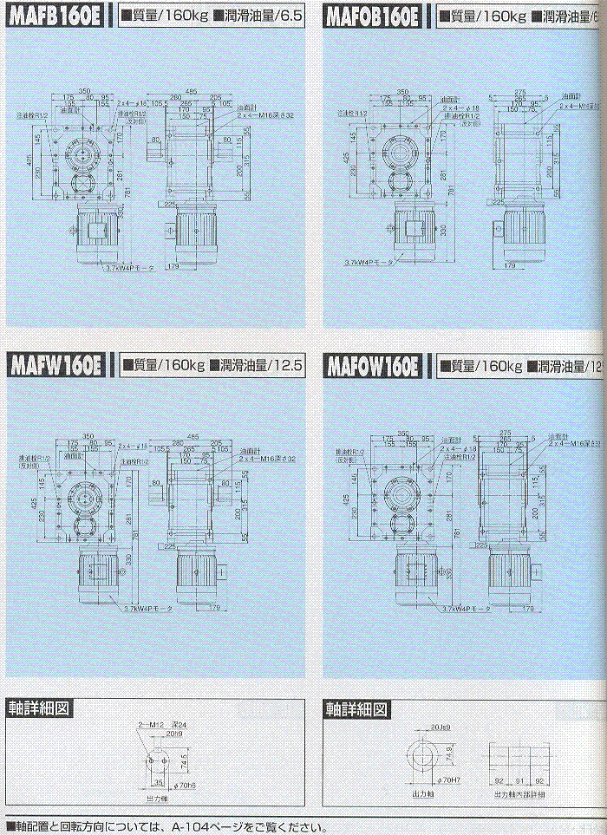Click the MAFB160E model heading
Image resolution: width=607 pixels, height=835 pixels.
pos(55,16)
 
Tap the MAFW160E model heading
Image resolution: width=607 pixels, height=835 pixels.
pos(55,366)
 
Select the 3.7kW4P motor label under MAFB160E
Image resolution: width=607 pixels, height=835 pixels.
pos(128,270)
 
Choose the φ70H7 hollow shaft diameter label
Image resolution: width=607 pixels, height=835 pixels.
pos(450,780)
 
